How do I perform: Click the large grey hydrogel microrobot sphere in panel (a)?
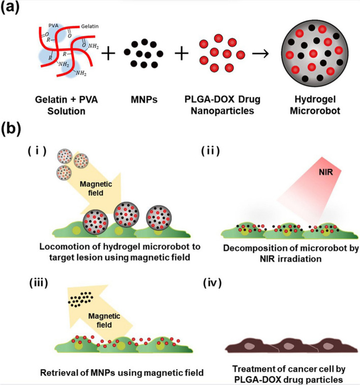pos(310,53)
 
